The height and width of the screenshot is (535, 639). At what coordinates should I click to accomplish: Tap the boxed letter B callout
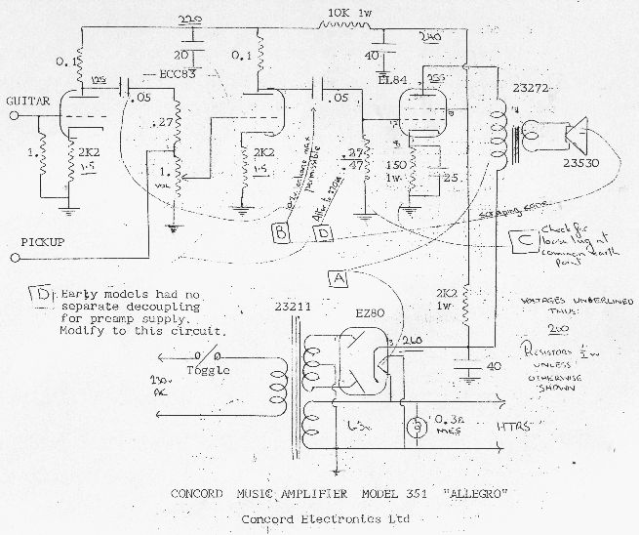point(278,231)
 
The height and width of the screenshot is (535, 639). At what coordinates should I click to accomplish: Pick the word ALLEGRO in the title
point(481,493)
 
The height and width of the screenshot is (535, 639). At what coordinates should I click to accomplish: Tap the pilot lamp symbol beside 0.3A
point(418,427)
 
